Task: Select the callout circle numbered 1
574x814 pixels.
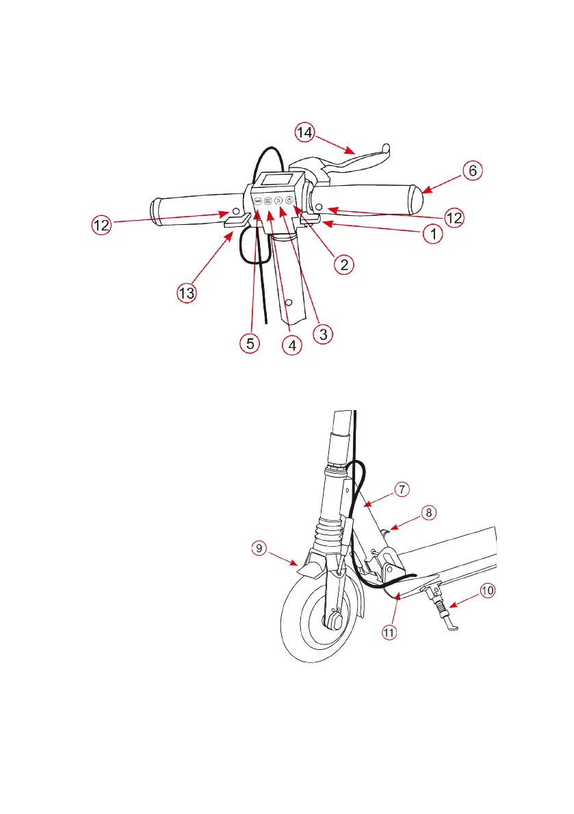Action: pyautogui.click(x=431, y=234)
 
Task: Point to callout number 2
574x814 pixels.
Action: pyautogui.click(x=343, y=265)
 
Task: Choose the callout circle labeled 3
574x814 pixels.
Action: pyautogui.click(x=323, y=334)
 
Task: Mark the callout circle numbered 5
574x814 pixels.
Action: pyautogui.click(x=250, y=343)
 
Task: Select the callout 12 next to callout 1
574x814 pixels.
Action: pyautogui.click(x=453, y=218)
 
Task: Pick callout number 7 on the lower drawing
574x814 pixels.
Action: pyautogui.click(x=402, y=489)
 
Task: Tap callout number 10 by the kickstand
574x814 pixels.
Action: pyautogui.click(x=486, y=591)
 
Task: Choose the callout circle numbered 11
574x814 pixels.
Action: pyautogui.click(x=389, y=632)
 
